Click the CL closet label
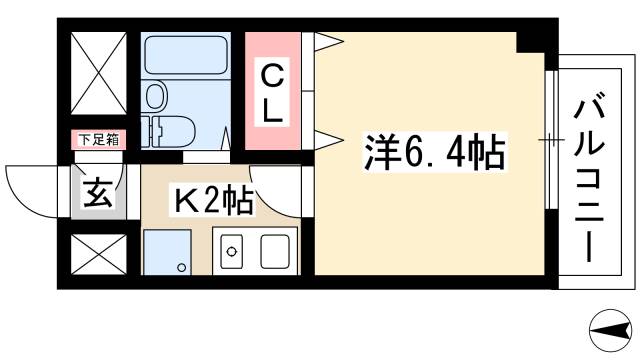[272, 92]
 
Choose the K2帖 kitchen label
[212, 200]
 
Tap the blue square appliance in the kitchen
[167, 251]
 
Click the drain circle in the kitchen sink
[229, 250]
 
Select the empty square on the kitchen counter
[278, 250]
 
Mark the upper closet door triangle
[329, 42]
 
